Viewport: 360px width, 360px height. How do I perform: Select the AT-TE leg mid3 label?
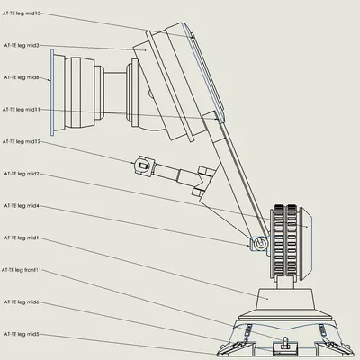pos(22,44)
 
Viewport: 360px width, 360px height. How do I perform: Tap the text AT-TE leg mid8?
pos(22,77)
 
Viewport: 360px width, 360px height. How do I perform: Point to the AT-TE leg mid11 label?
pos(22,109)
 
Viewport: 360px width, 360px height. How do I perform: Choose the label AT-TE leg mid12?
pos(22,141)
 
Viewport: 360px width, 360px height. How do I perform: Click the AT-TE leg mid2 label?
pos(22,173)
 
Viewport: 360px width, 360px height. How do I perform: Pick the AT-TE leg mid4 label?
pos(22,205)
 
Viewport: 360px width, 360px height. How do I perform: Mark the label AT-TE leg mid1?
pos(22,238)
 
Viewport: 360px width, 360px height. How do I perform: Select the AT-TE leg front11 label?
pos(23,269)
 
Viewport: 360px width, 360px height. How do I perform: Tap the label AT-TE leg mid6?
pos(22,302)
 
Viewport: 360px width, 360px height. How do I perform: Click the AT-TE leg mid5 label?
pos(22,333)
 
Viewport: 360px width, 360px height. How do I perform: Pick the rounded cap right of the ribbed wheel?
pos(307,229)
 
